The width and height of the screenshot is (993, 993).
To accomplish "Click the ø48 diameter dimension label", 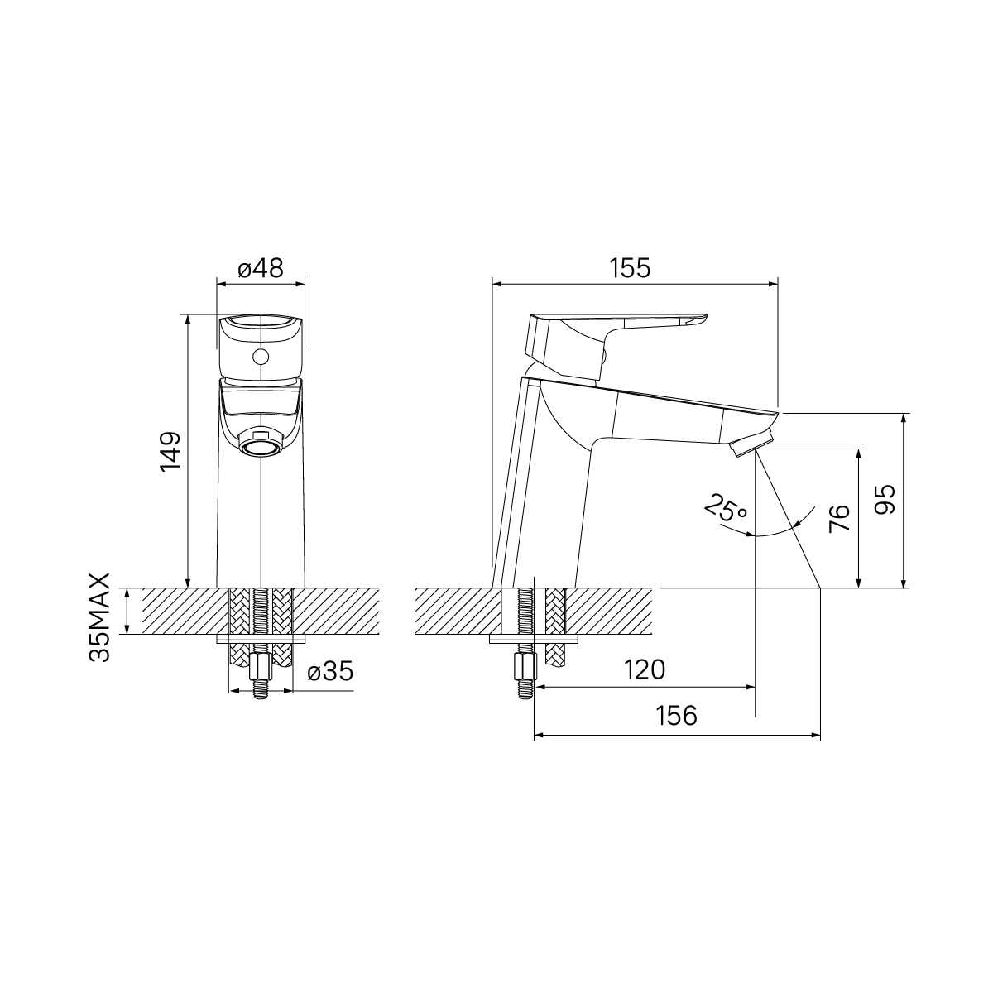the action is (261, 268).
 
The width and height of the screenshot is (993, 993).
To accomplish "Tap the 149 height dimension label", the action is (171, 451).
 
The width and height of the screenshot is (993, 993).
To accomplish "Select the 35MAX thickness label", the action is (100, 616).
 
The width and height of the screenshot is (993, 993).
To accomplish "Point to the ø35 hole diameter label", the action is (330, 672).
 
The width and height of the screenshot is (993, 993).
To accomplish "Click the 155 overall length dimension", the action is (630, 268).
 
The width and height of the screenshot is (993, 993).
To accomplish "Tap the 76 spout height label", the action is (839, 518).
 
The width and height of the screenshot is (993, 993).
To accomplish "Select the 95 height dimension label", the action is (885, 499).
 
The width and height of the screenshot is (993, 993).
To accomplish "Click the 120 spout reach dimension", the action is (645, 669).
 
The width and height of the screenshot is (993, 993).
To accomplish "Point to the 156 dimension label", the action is (676, 716).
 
